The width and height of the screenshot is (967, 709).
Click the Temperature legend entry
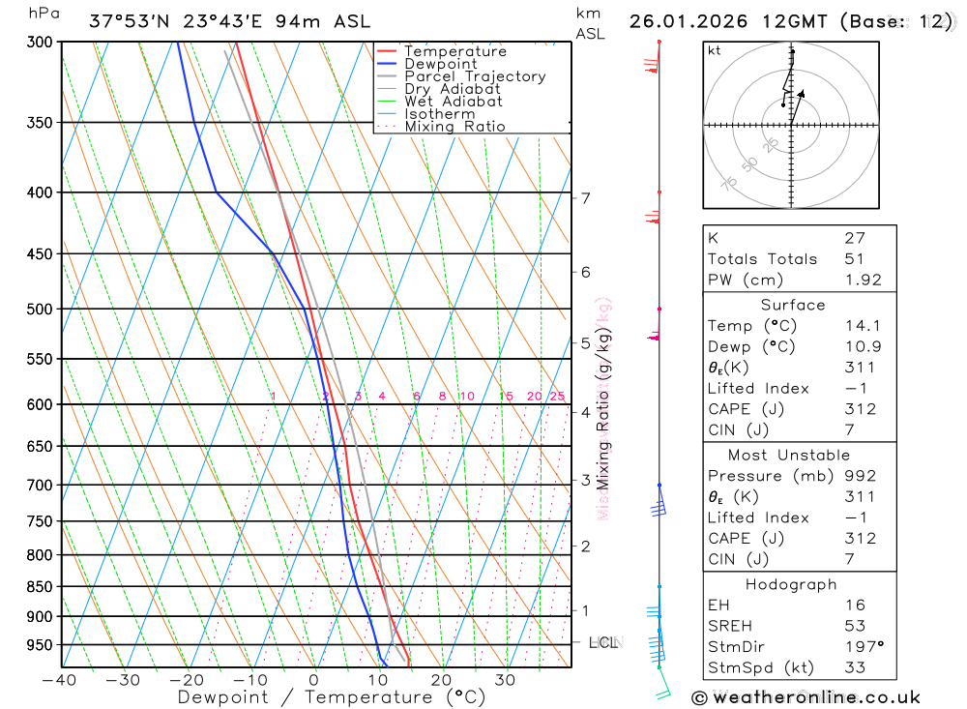click(x=454, y=51)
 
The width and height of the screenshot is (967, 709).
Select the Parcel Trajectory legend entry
click(x=475, y=76)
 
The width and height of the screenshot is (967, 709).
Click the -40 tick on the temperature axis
click(x=60, y=680)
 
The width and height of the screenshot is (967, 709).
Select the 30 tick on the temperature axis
click(x=505, y=680)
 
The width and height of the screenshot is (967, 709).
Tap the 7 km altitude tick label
click(x=585, y=198)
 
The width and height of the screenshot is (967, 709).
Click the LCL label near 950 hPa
click(x=603, y=642)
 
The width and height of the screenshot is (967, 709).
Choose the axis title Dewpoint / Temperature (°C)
click(x=331, y=696)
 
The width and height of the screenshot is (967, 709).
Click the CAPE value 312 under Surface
click(x=859, y=409)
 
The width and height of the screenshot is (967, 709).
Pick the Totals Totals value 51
click(x=855, y=258)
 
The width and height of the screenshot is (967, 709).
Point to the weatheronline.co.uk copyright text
click(x=806, y=697)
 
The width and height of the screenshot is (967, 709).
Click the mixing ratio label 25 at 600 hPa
click(x=557, y=397)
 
